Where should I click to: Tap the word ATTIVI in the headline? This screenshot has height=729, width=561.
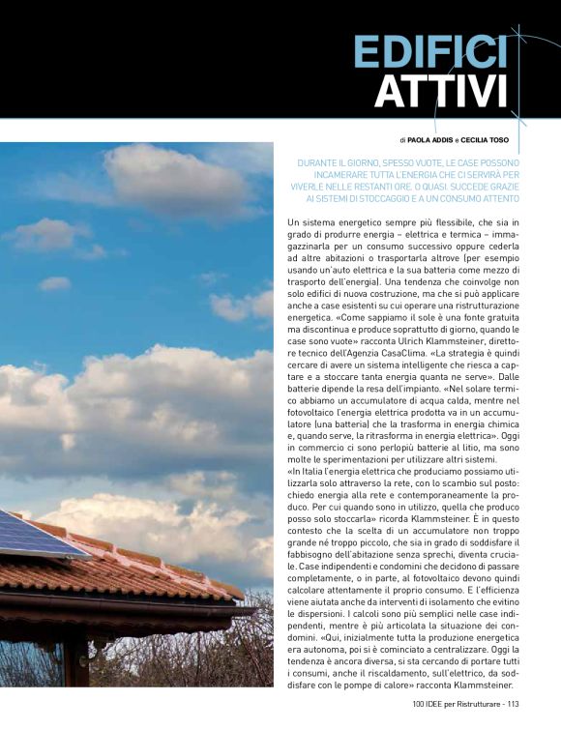440,93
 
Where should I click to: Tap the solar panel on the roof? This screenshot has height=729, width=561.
34,535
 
